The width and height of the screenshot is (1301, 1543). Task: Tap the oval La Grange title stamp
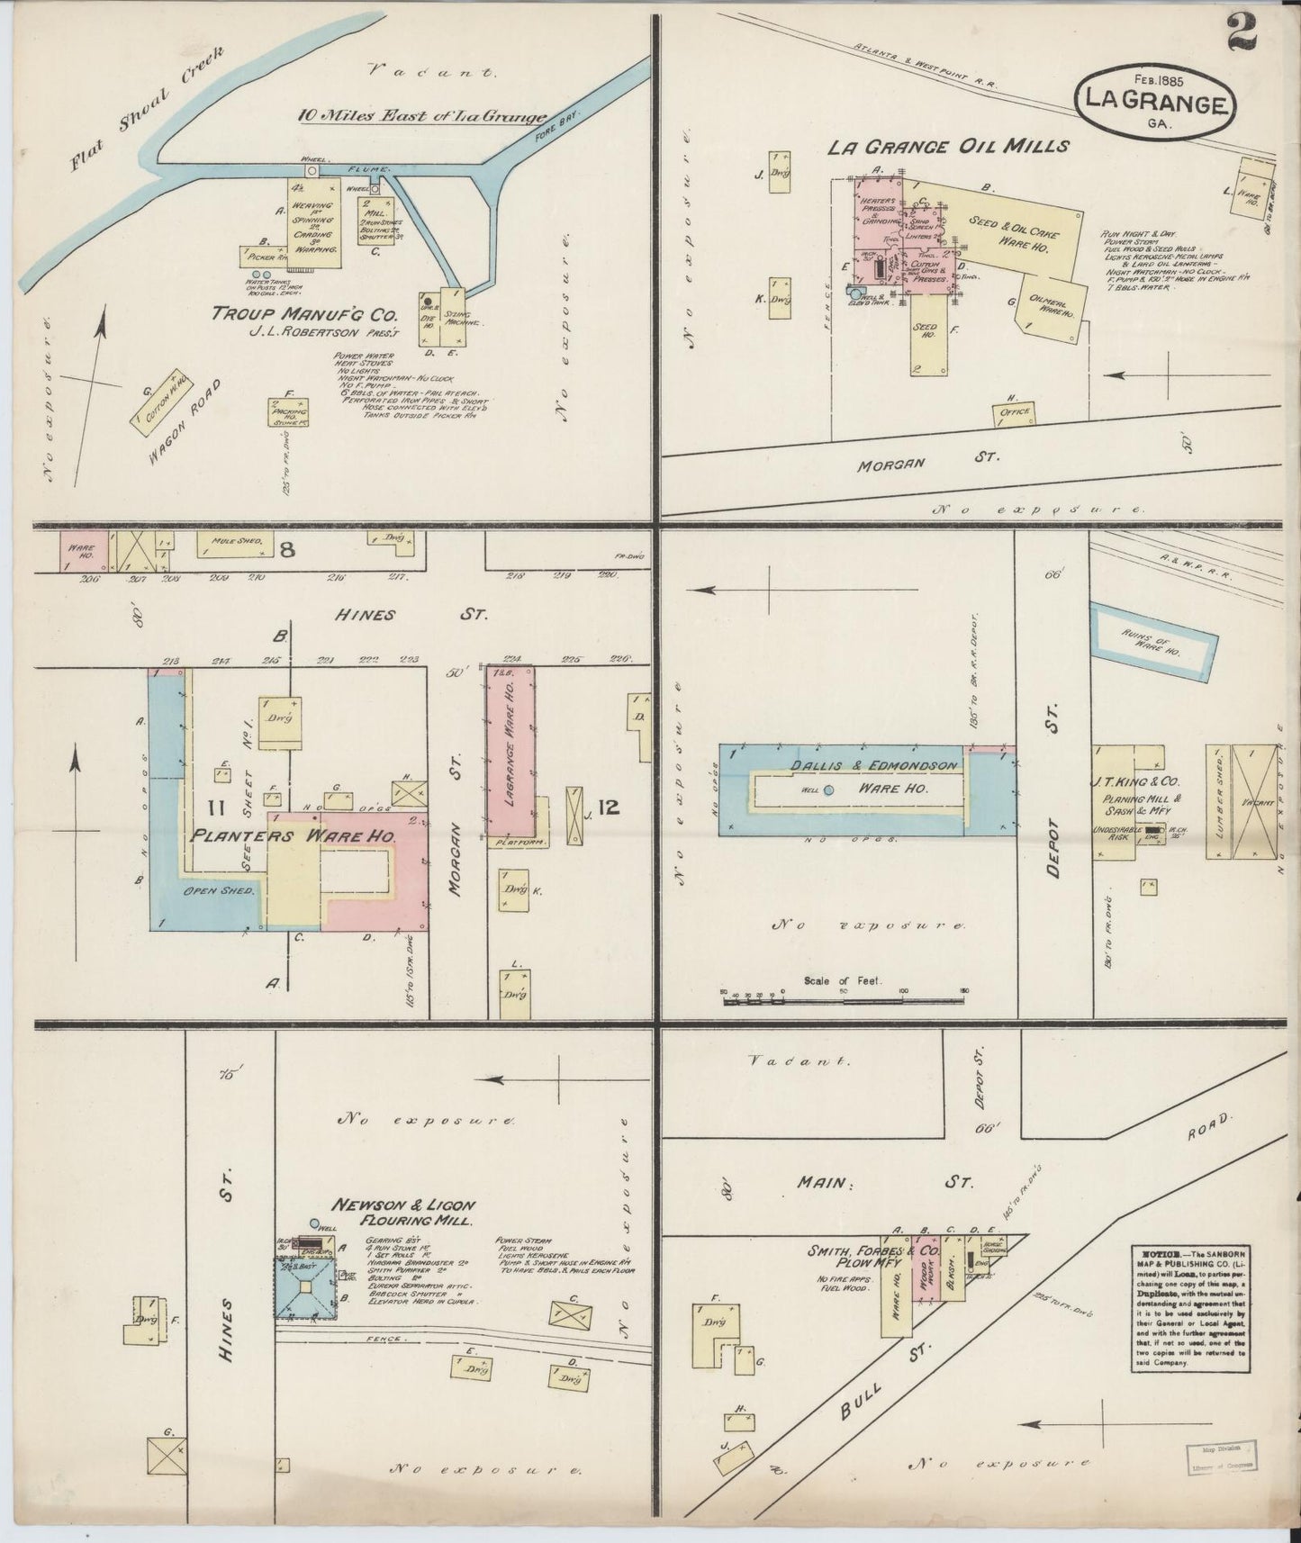1154,106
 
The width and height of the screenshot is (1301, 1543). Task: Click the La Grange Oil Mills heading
948,147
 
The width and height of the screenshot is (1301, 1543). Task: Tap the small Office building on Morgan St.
1015,413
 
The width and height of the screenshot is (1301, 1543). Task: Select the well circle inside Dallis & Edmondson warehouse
828,790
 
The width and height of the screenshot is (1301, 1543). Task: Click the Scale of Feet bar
844,995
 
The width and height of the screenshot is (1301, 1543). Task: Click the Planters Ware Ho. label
294,835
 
